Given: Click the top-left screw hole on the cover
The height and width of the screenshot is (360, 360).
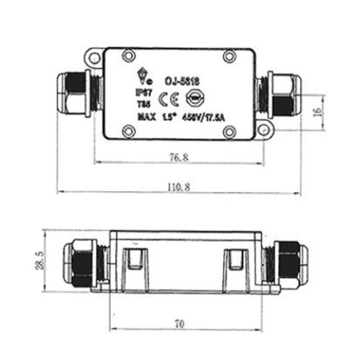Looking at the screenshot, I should click(129, 54).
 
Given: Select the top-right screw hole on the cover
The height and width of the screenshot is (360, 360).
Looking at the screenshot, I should click(229, 55).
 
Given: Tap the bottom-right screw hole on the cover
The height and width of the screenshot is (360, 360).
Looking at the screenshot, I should click(230, 130).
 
